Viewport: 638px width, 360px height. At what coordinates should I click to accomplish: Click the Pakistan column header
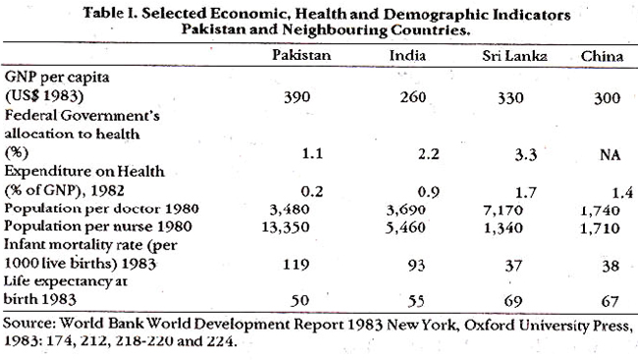click(301, 55)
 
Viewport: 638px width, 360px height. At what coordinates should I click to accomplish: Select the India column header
click(407, 55)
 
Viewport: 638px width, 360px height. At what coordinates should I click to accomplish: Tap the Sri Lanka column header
click(514, 56)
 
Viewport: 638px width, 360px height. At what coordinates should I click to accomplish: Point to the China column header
click(602, 56)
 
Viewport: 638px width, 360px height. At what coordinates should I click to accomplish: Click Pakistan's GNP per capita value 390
click(297, 97)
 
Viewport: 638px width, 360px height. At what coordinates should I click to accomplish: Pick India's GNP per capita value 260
click(412, 98)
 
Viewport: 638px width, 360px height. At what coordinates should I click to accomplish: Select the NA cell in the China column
click(611, 155)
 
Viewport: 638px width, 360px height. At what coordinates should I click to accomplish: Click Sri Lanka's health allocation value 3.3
click(526, 155)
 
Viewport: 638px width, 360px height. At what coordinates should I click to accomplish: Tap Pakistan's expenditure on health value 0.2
click(312, 191)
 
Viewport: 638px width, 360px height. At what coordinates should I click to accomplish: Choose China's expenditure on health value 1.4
click(622, 192)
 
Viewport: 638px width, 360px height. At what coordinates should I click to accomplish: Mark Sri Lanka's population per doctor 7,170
click(503, 210)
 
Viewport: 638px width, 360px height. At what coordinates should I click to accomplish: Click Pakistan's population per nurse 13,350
click(286, 227)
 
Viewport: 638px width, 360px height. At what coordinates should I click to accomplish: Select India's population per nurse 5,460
click(405, 228)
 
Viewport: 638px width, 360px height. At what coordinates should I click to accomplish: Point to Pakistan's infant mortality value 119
click(296, 265)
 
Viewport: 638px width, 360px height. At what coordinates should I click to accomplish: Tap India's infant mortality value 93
click(416, 266)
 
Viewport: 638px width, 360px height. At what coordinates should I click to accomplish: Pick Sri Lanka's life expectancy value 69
click(513, 301)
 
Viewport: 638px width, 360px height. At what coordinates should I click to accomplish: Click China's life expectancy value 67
click(610, 302)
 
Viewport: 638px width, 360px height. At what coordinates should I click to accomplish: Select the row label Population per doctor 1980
click(101, 209)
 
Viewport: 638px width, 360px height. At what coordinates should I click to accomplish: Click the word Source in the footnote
click(28, 323)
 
